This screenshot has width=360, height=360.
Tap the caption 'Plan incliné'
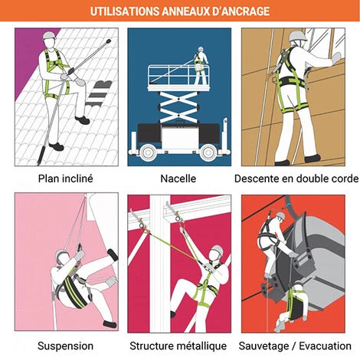tap(66, 178)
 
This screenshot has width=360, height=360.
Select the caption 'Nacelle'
tap(178, 178)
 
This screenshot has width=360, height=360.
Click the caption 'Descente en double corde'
tap(296, 178)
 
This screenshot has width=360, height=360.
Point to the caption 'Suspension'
tap(65, 346)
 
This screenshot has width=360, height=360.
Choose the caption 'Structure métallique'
tap(178, 346)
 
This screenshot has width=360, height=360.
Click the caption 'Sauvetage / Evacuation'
tap(295, 346)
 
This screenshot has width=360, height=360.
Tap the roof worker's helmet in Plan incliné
tap(49, 35)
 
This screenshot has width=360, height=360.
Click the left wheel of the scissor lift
tap(147, 152)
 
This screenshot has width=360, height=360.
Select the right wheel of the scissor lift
tap(208, 152)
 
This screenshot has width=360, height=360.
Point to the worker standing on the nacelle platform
tap(201, 66)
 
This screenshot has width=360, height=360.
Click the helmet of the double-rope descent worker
tap(298, 36)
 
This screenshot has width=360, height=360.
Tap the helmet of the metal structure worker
tap(217, 250)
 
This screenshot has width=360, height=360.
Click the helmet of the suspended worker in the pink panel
tap(61, 255)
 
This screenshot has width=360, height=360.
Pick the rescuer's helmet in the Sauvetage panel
tap(280, 216)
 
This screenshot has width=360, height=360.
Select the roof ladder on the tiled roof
tap(99, 93)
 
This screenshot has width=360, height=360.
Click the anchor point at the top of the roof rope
tap(109, 41)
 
